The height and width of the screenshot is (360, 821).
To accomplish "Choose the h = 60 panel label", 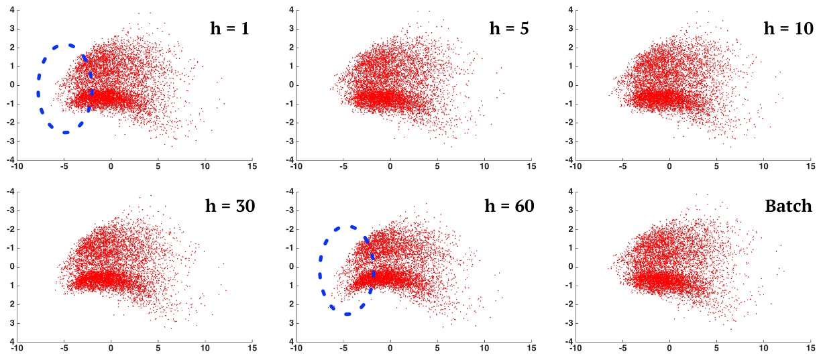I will (509, 206).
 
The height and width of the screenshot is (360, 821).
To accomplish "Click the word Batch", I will (789, 206).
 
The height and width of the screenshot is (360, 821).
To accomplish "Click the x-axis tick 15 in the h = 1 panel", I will (252, 168).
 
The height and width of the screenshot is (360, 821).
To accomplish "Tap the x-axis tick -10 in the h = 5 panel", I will (295, 168).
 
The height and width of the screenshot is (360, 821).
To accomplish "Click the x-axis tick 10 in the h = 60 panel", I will (484, 349).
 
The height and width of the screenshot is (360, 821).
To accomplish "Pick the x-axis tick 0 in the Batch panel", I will (669, 349).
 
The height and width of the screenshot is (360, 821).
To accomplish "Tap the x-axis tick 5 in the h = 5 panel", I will (437, 168).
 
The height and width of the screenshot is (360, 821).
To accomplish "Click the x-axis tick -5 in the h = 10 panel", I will (622, 168).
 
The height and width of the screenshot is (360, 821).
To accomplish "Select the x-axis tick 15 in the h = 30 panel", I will (252, 349).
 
